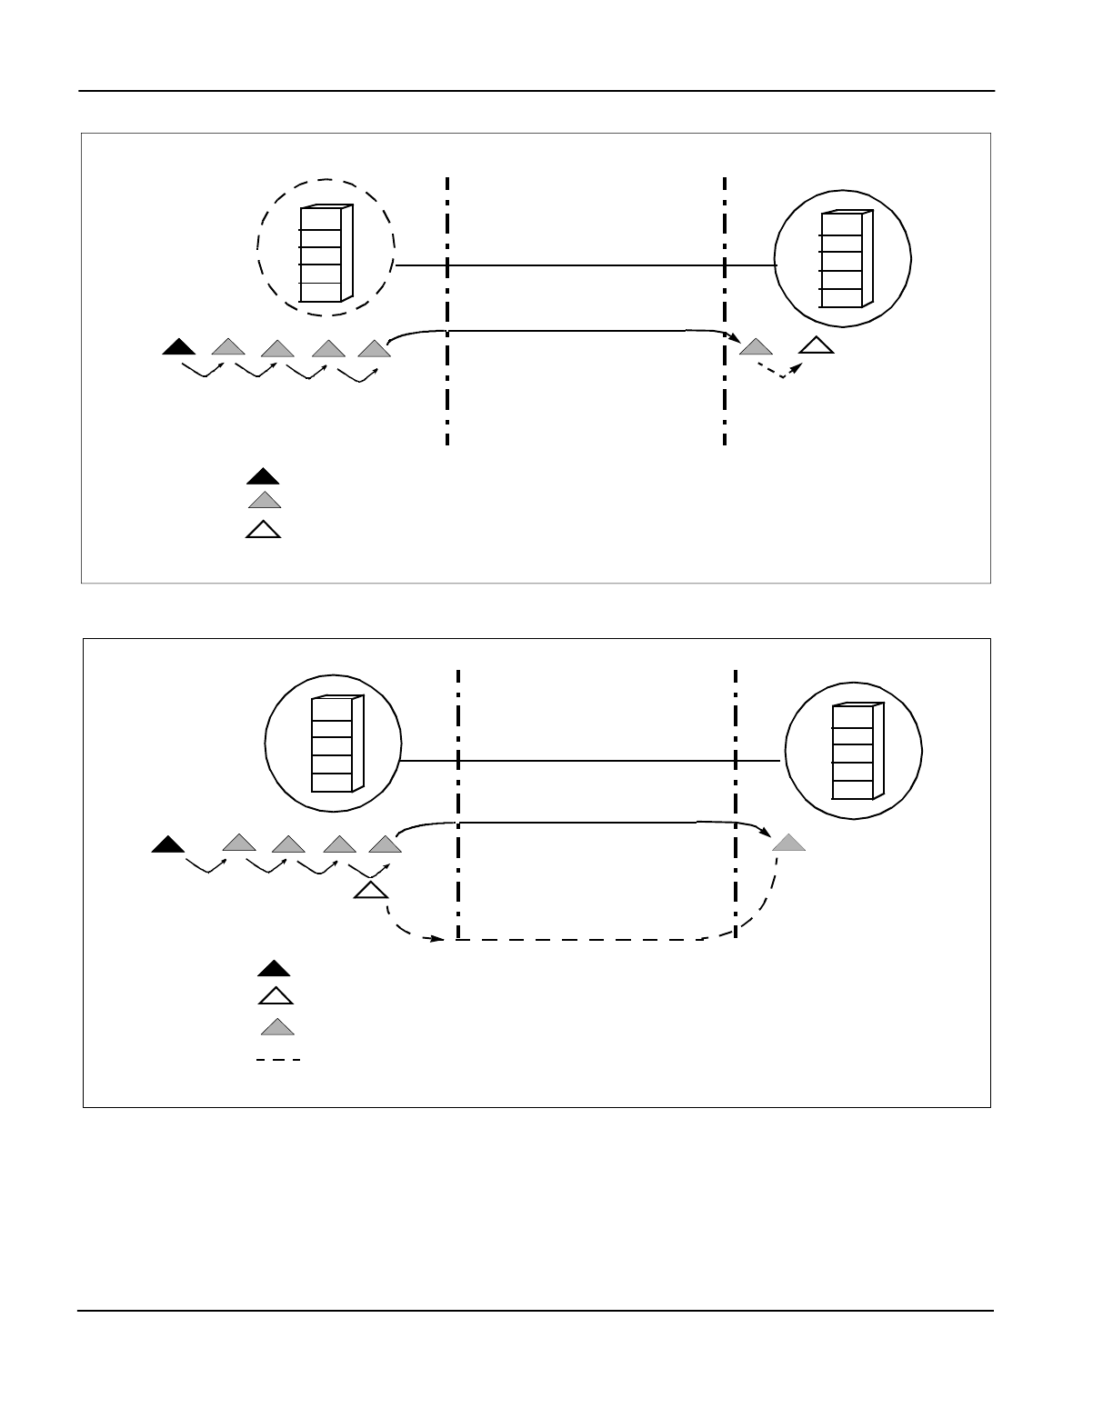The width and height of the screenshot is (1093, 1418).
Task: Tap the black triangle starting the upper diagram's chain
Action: point(179,346)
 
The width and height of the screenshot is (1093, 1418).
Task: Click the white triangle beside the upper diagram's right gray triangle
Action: point(817,345)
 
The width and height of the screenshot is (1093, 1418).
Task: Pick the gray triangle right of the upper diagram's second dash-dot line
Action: point(756,346)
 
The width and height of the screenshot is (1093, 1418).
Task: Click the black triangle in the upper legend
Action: point(264,476)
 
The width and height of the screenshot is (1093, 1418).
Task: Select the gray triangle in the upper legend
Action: point(265,500)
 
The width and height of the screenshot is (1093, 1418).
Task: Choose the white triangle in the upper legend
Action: point(264,530)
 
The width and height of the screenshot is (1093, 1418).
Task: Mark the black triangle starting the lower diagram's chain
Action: point(168,844)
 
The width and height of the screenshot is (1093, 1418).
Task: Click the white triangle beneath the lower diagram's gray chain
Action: point(369,890)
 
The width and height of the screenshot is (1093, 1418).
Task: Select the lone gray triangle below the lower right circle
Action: point(788,843)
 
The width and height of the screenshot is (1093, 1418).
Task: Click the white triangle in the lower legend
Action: point(275,996)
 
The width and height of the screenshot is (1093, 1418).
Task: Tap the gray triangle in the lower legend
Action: point(277,1028)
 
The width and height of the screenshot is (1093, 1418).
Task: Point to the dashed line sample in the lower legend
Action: point(277,1060)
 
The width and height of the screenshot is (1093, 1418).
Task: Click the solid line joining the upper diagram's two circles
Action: point(582,266)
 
